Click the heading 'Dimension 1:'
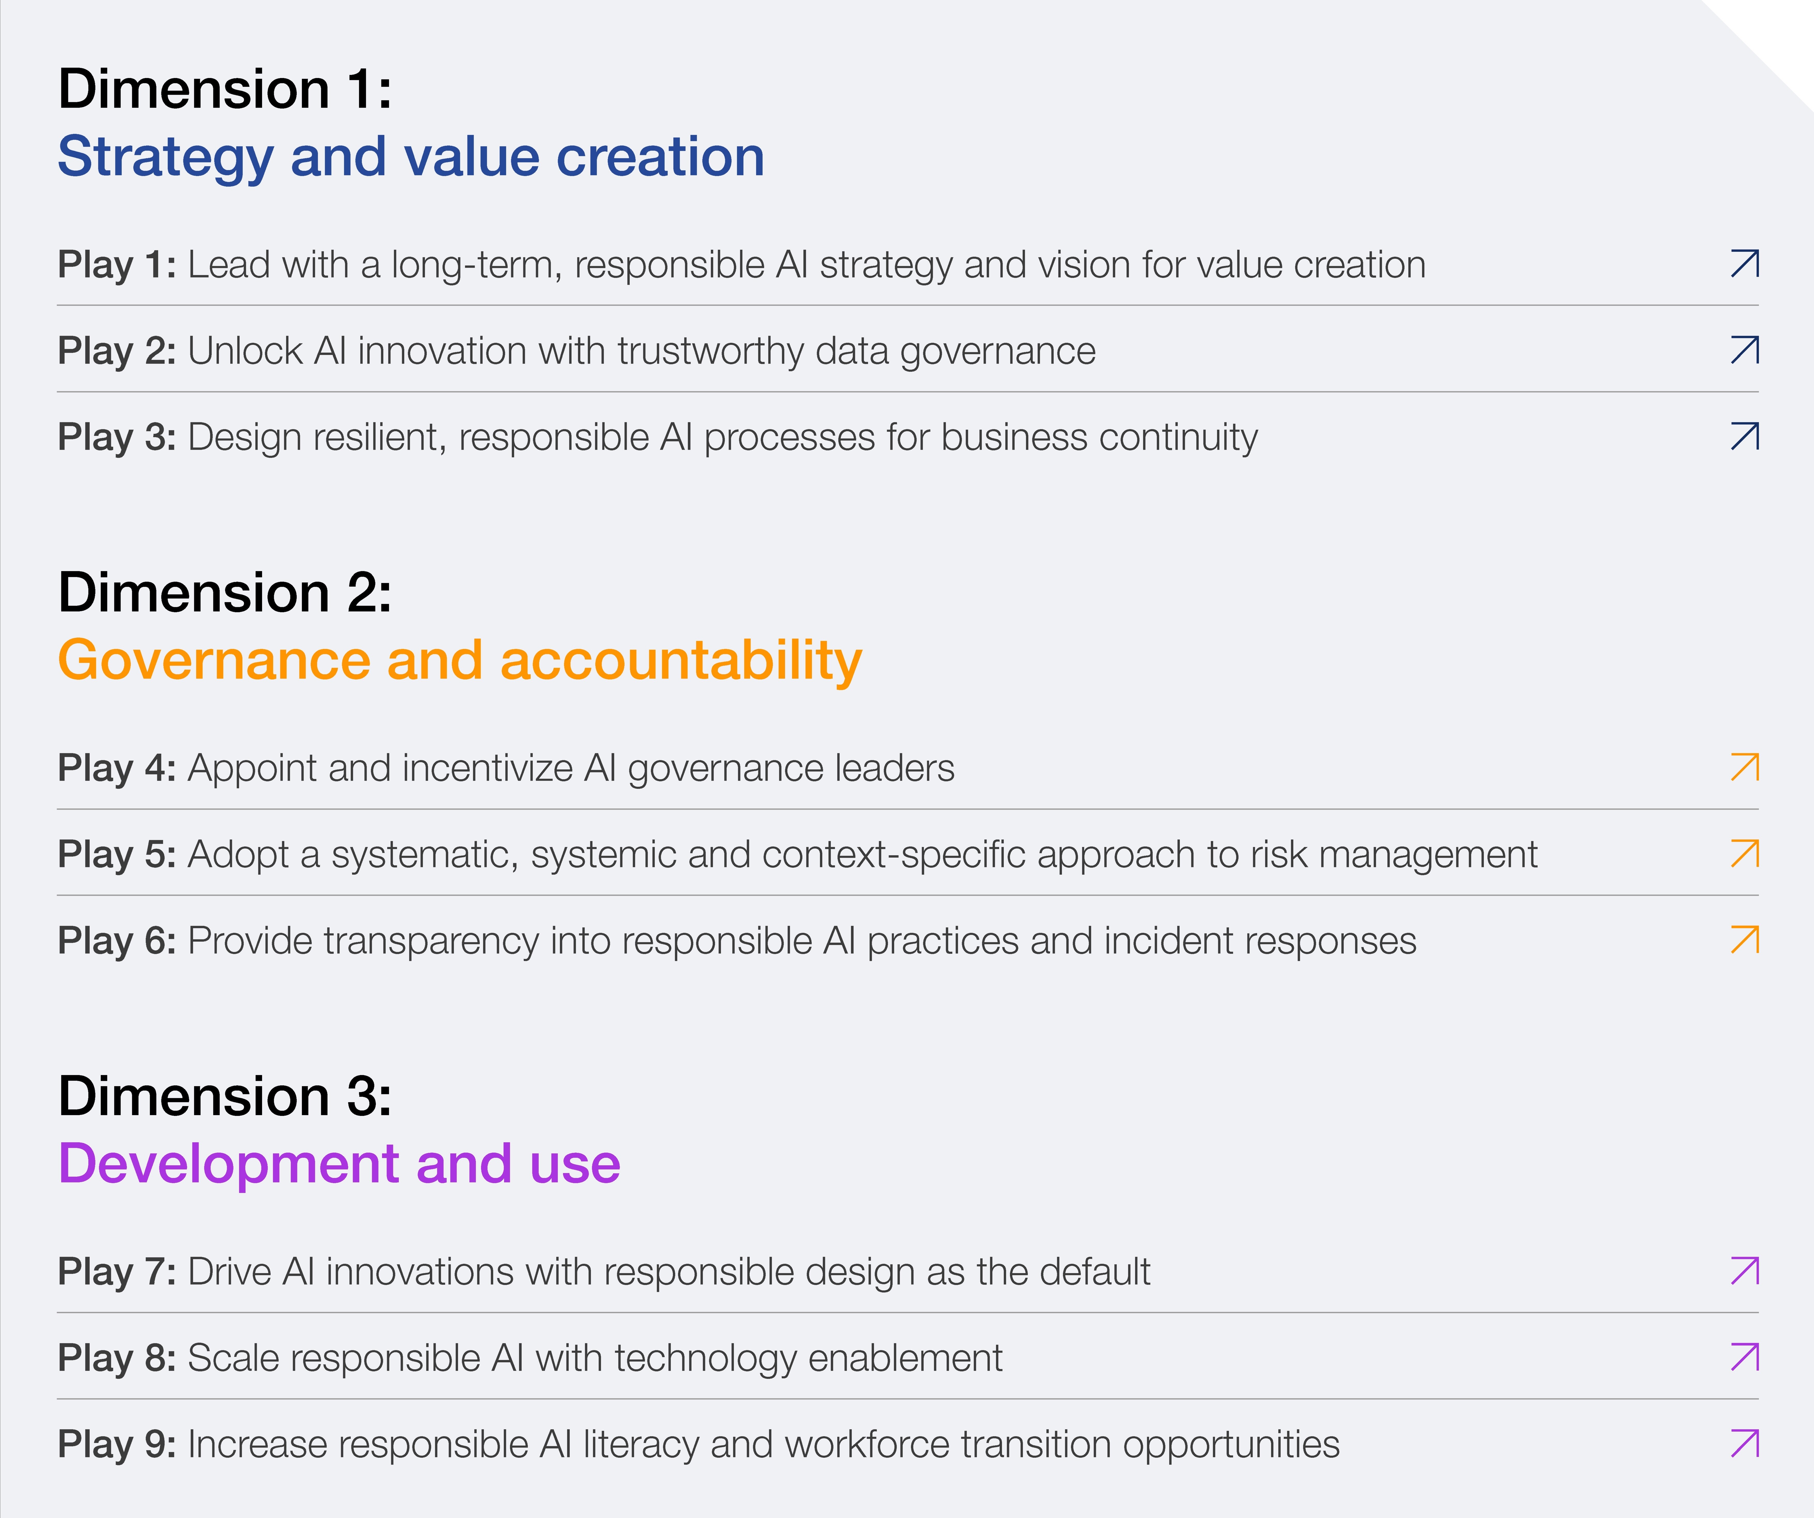click(x=225, y=89)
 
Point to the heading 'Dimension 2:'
click(x=225, y=593)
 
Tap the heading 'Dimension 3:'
click(x=225, y=1096)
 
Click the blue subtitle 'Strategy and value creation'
click(x=411, y=158)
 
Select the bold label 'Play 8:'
click(x=117, y=1358)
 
